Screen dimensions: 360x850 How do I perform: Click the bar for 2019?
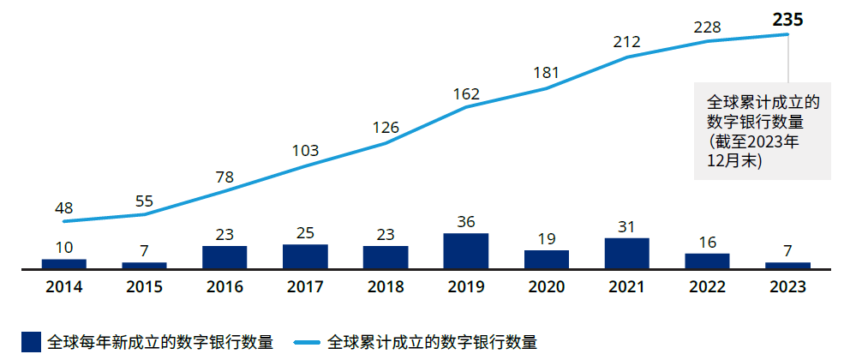point(465,251)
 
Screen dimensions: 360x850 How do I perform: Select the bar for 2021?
point(627,253)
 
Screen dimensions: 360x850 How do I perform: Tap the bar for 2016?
point(224,257)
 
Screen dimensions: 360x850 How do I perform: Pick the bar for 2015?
point(144,265)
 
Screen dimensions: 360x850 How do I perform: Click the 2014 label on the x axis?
point(63,286)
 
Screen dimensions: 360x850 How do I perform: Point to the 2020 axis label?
point(546,286)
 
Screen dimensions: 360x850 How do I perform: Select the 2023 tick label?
point(787,286)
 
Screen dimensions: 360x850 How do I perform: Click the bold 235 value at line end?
point(787,19)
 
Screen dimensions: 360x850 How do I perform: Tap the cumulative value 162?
point(465,94)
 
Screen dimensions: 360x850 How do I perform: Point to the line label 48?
point(63,208)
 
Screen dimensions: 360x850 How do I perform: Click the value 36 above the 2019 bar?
point(465,222)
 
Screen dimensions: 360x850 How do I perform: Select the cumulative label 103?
point(305,151)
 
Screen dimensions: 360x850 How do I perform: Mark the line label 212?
point(627,41)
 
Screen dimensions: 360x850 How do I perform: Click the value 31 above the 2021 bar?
point(627,227)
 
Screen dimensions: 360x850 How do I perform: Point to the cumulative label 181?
point(546,73)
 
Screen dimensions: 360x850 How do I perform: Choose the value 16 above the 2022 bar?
point(707,243)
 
